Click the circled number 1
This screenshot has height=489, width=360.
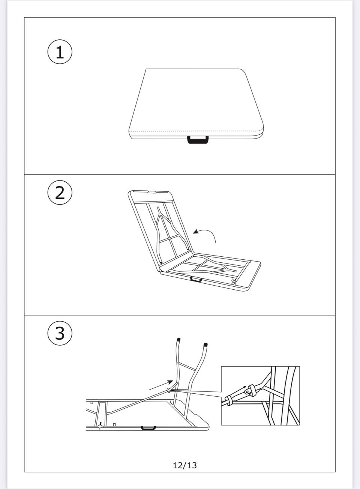[x=60, y=52]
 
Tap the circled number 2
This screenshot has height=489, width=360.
[x=60, y=193]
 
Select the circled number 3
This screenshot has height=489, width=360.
[x=60, y=333]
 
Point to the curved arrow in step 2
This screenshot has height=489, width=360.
[x=208, y=232]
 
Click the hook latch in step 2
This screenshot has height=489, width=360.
[x=234, y=281]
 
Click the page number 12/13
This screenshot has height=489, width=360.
[x=185, y=465]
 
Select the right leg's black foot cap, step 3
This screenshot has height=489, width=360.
[x=205, y=345]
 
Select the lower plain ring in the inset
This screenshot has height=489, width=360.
[x=228, y=400]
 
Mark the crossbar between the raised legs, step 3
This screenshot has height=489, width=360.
[x=187, y=366]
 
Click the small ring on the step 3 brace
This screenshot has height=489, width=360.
[x=168, y=390]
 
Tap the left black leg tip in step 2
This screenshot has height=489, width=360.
[x=161, y=262]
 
